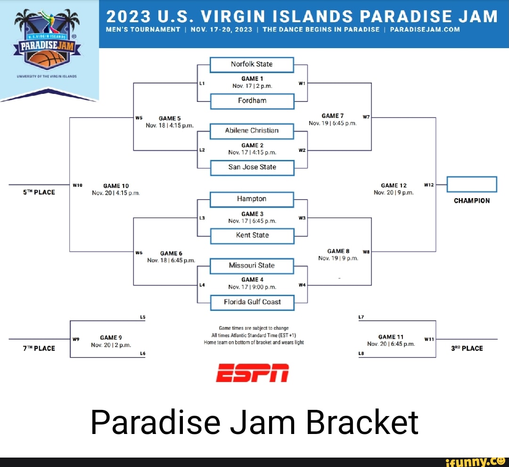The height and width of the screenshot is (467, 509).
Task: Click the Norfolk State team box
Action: tap(252, 64)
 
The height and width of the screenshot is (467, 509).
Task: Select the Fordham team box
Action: tap(252, 100)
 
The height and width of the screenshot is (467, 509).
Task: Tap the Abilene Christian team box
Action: tap(252, 131)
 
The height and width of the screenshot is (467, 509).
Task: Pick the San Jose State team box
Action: tap(252, 167)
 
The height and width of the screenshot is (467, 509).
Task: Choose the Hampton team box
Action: tap(252, 199)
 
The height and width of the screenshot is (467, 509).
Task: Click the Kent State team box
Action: tap(252, 235)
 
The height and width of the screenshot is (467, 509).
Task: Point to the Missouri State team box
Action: tap(252, 266)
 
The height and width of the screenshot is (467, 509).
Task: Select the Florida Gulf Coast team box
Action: tap(252, 302)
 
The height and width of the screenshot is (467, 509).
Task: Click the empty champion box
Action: tap(471, 184)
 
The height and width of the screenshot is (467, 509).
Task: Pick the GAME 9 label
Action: tap(111, 337)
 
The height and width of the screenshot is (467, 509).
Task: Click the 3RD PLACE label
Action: tap(467, 349)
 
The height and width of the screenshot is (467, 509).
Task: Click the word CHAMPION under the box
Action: tap(471, 201)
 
